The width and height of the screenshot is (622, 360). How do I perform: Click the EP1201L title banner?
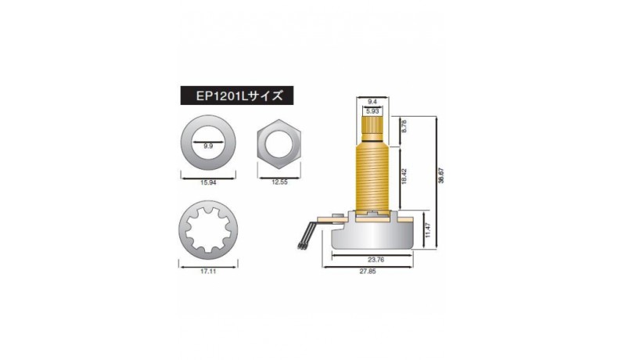pos(237,95)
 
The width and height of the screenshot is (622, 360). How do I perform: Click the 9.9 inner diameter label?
pos(208,146)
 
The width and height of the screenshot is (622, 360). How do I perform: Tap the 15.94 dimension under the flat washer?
pos(208,182)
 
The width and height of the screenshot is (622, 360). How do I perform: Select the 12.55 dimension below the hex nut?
pos(279,182)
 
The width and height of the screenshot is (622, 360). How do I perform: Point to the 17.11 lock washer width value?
pos(208,272)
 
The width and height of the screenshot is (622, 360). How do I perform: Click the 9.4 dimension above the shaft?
pos(372,102)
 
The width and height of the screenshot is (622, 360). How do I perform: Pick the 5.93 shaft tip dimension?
pos(372,112)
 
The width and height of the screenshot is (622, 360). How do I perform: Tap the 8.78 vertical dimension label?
pos(404,126)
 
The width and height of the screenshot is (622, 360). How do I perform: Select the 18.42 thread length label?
pos(404,176)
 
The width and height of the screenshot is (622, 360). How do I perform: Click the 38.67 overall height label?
pos(441,175)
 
